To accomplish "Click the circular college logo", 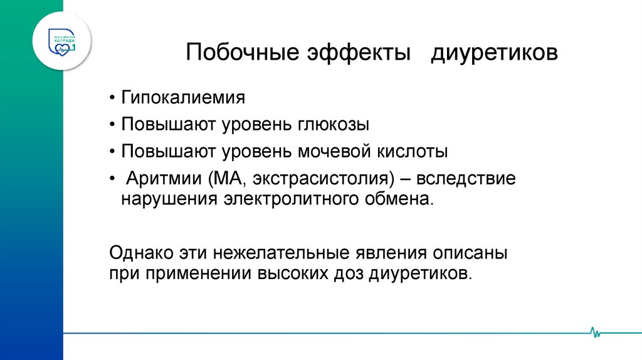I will click(61, 40).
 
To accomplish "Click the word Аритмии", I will click(162, 178).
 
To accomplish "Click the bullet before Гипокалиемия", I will click(112, 99).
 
